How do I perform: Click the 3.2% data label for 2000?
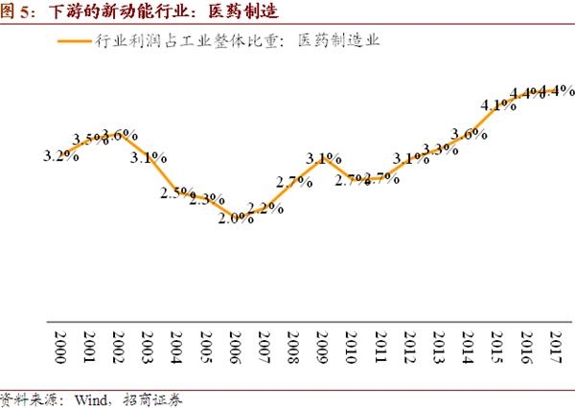60,155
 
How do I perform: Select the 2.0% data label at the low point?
235,218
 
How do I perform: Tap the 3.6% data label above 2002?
120,135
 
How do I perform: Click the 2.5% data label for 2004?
177,193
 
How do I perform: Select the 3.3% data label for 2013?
440,148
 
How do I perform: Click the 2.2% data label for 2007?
264,208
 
